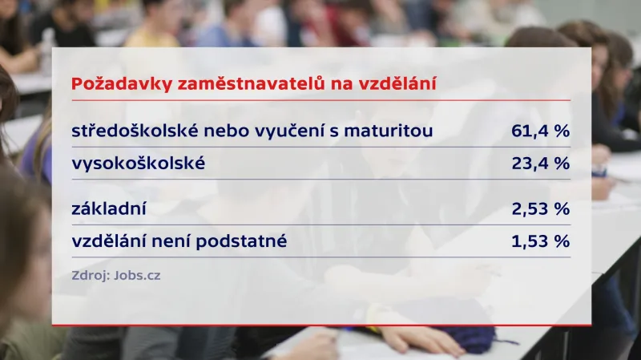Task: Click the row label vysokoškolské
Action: point(139,164)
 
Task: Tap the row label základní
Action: point(112,209)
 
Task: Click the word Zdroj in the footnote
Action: point(89,276)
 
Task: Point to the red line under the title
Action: point(320,100)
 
